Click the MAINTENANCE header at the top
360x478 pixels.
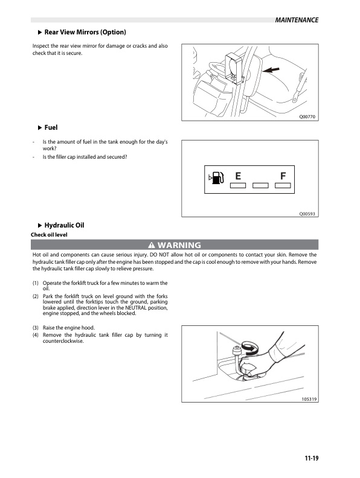tap(297, 20)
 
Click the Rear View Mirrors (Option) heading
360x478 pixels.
tap(85, 32)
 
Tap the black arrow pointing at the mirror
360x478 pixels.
tap(271, 70)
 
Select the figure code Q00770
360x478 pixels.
tap(307, 116)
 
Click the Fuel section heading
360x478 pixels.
tap(51, 127)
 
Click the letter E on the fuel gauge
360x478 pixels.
tap(238, 176)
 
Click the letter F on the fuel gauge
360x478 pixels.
tap(283, 176)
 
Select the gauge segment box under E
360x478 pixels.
tap(238, 185)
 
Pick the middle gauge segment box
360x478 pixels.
tap(260, 185)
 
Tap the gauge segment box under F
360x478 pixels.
tap(283, 185)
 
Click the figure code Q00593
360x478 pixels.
tap(307, 214)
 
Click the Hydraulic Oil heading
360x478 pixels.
tap(65, 225)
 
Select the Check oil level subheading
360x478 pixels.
tap(49, 235)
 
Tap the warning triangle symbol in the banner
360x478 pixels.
tap(152, 245)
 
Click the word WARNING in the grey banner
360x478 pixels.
tap(179, 245)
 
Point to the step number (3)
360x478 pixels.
tap(36, 328)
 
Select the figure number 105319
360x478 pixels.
tap(309, 399)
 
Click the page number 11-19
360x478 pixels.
tap(312, 458)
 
